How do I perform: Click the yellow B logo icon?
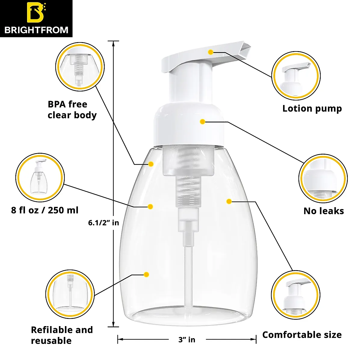tap(36, 12)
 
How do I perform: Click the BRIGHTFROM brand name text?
tap(36, 30)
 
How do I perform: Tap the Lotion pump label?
tap(312, 109)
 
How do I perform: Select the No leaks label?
tap(323, 211)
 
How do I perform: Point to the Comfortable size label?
tap(302, 335)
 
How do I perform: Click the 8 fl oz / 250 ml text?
tap(45, 210)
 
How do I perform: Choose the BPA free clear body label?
tap(72, 110)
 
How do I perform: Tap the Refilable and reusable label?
tap(62, 335)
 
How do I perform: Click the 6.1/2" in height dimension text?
tap(103, 223)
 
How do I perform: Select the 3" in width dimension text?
tap(187, 340)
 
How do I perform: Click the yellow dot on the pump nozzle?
tap(211, 52)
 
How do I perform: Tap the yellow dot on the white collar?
tap(202, 122)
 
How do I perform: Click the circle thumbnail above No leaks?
tap(323, 179)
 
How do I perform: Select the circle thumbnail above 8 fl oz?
tap(40, 177)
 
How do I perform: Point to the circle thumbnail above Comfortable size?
tap(295, 295)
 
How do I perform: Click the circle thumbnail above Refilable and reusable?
tap(70, 294)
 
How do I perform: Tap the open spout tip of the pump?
tap(245, 48)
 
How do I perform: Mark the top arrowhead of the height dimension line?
tap(113, 43)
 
